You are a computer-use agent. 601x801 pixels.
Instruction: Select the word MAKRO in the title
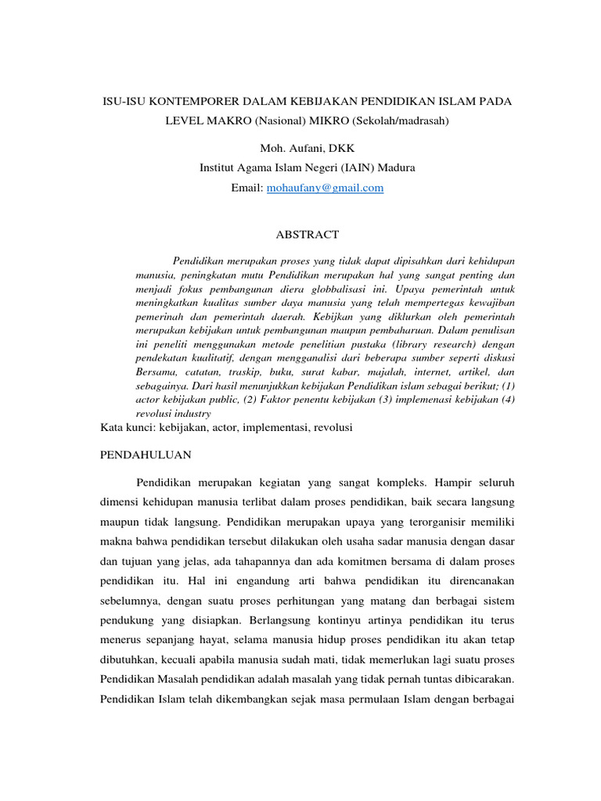tap(225, 123)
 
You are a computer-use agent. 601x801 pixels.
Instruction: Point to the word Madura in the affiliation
tap(396, 167)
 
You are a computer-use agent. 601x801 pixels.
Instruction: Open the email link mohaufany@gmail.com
tap(326, 188)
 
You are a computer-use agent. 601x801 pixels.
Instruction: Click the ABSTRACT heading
tap(308, 234)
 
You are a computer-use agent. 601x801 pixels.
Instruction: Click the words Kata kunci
tap(128, 428)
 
